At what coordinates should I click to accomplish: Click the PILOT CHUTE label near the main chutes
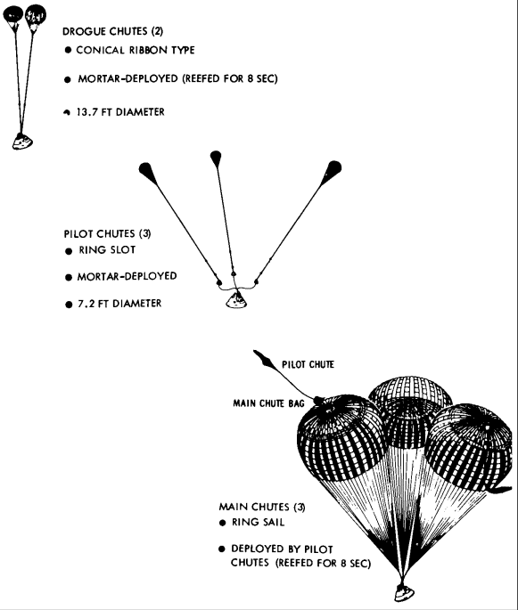click(308, 363)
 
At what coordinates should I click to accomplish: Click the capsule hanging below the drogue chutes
click(19, 140)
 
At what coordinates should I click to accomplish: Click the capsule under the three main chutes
click(406, 593)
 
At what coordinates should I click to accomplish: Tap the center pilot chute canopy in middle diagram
click(215, 159)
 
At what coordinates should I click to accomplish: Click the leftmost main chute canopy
click(342, 437)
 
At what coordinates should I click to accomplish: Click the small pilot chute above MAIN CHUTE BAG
click(265, 359)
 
